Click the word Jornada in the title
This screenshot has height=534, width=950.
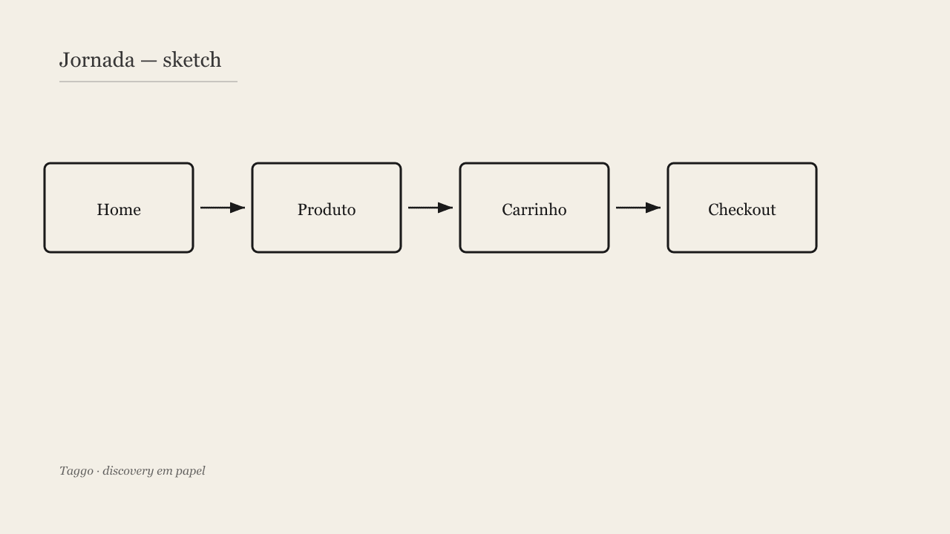click(96, 60)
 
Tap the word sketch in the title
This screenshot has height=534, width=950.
click(191, 60)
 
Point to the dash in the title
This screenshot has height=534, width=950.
click(148, 62)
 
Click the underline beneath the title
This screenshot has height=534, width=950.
click(148, 82)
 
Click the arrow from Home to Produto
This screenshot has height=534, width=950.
click(223, 208)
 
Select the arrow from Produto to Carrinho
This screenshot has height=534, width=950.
click(430, 208)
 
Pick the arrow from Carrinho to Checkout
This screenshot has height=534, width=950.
click(638, 208)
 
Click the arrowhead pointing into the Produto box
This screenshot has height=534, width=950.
click(237, 208)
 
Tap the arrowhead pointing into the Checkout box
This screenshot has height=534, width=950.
click(653, 208)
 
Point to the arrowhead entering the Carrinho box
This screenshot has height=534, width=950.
click(445, 208)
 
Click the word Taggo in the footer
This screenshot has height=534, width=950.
click(76, 471)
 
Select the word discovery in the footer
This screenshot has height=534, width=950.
click(128, 471)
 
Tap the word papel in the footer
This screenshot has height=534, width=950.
click(191, 471)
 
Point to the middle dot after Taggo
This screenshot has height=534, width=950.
click(98, 472)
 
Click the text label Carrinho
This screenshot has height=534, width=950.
click(534, 210)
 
